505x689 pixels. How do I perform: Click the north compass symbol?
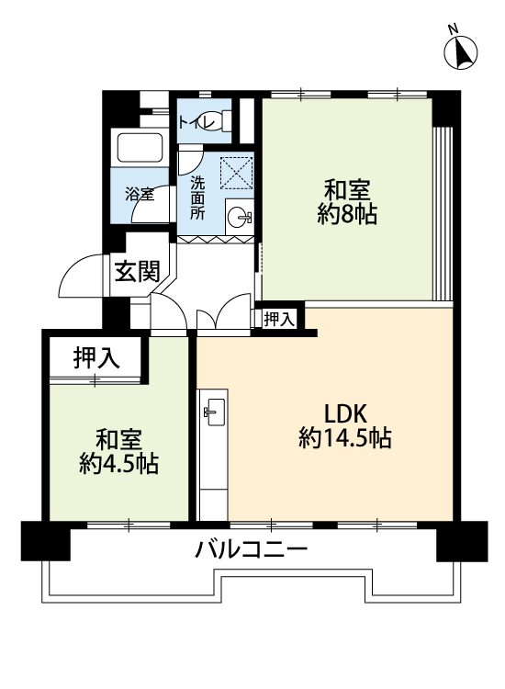[x=460, y=51]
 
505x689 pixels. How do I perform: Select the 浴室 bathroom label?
[x=140, y=194]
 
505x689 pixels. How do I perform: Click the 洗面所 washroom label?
[x=197, y=198]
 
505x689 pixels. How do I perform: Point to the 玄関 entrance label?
[x=137, y=272]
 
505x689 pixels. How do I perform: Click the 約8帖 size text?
[x=347, y=215]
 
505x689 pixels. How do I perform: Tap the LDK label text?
[x=345, y=413]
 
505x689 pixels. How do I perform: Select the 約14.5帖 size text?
[x=345, y=437]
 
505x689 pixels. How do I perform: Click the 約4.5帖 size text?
[x=119, y=464]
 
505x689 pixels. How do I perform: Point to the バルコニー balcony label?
[x=252, y=549]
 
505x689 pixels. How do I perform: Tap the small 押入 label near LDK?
[x=278, y=319]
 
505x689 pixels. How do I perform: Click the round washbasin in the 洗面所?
[x=240, y=217]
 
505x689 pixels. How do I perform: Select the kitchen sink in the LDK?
[x=215, y=412]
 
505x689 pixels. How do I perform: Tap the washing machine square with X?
[x=236, y=173]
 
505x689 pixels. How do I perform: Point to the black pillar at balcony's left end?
[x=46, y=541]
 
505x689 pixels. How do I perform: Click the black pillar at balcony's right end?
[x=462, y=541]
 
